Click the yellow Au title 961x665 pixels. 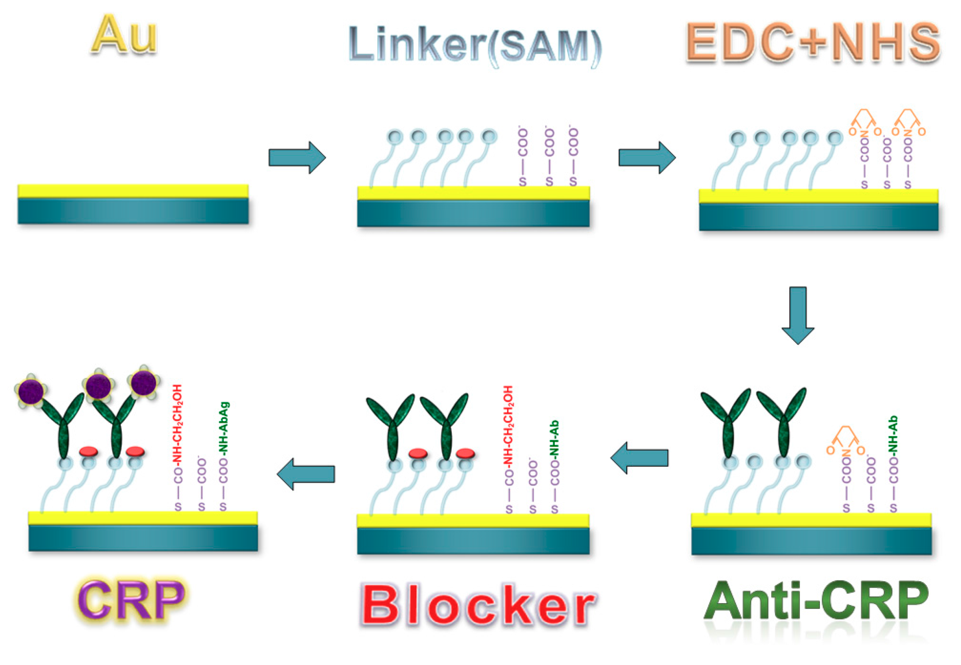124,35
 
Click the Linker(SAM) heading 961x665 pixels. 475,45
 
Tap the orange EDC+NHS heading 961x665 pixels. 812,42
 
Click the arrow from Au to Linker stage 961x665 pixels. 297,158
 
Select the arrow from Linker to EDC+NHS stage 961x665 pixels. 647,158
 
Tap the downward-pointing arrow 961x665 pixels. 798,315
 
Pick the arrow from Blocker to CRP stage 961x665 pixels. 306,474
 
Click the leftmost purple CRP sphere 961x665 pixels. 30,391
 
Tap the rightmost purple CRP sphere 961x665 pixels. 143,382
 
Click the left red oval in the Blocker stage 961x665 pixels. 418,453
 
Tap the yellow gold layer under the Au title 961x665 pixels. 133,191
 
